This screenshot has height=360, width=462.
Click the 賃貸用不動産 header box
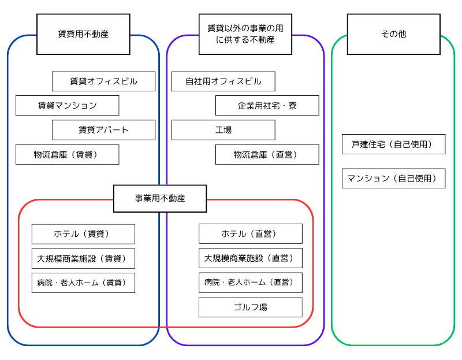pos(83,34)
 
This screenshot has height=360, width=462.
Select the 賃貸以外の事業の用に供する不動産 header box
pos(245,34)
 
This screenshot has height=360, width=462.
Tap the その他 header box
pos(393,34)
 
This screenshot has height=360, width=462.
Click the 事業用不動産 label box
pos(160,198)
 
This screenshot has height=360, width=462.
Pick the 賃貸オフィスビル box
pos(103,81)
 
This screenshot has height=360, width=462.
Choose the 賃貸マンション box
pos(67,106)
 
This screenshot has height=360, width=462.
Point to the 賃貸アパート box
pos(103,130)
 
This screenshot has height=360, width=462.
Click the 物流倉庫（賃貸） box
pos(67,154)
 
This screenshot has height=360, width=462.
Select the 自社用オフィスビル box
pos(223,81)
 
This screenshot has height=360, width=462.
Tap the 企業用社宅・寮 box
pos(267,106)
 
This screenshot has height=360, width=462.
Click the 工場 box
pos(223,130)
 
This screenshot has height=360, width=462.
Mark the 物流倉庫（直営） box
pos(267,154)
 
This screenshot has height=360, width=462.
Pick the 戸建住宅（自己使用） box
pos(393,144)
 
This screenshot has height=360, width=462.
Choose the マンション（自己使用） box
pos(393,179)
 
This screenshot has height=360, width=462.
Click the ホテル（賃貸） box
pos(83,234)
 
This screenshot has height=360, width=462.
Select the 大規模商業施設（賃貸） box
pos(83,258)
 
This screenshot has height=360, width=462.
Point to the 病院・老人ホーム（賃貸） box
pos(83,283)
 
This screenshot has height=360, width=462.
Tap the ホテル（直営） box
pos(250,233)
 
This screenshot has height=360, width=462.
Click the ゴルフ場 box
pos(250,307)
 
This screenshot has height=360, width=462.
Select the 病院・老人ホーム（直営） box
pos(250,283)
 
